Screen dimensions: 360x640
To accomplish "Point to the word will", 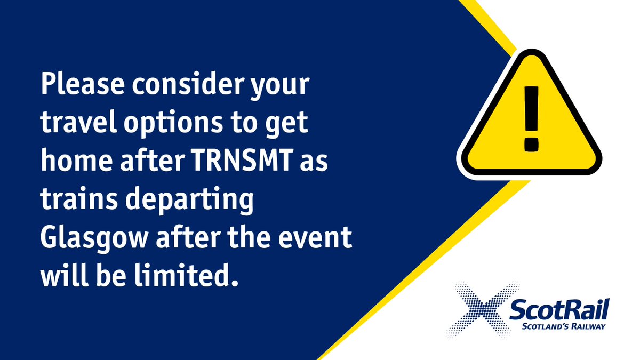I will [x=59, y=277].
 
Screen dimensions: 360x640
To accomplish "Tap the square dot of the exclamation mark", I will [x=530, y=144].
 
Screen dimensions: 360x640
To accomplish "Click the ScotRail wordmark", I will [x=559, y=310].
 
